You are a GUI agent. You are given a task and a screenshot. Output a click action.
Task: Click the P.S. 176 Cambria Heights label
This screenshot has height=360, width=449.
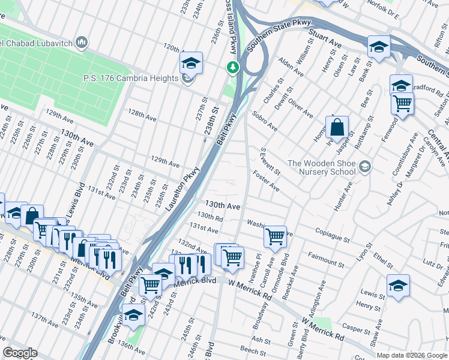[131, 79]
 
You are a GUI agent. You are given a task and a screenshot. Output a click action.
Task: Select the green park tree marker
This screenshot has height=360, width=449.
[232, 68]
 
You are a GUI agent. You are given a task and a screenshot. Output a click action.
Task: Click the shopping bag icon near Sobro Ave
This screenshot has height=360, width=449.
[337, 128]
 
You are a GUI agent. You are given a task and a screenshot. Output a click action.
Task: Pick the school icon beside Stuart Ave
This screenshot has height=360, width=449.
[379, 47]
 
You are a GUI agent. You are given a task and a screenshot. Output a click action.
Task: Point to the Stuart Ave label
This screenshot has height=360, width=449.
[325, 37]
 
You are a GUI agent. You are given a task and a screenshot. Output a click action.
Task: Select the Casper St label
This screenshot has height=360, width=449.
[356, 329]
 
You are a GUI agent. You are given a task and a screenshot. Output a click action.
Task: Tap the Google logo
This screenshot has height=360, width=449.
[20, 353]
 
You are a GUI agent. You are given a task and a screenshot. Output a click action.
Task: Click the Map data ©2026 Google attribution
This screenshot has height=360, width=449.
[412, 355]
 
